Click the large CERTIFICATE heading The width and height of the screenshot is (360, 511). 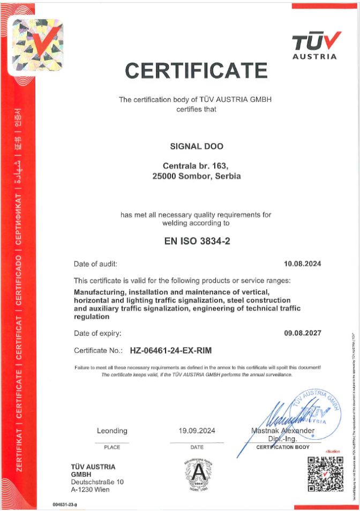point(196,70)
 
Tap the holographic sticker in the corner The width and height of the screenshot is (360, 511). point(36,47)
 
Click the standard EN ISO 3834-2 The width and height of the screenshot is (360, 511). point(197,241)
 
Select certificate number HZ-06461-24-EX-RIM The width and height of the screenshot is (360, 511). point(171,351)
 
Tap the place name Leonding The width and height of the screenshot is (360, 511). point(112,431)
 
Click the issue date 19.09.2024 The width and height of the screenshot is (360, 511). point(197,431)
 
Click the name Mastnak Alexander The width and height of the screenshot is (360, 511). point(283,431)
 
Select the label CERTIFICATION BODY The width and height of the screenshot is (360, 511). point(283,447)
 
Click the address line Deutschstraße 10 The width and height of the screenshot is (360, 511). point(97,482)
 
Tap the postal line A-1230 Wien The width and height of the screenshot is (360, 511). point(89,490)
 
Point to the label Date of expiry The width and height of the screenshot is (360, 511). point(97,333)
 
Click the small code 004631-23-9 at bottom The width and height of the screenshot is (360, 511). point(65,505)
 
